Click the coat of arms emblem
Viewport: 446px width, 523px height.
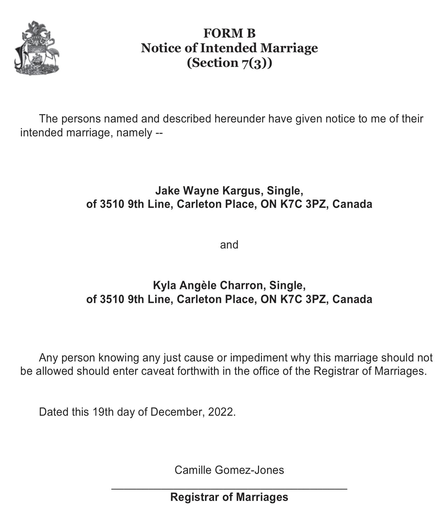point(37,48)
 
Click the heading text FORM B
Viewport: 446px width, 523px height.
point(229,33)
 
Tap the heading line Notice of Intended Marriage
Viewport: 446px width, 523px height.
point(229,48)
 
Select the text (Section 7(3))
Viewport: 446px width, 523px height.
point(229,63)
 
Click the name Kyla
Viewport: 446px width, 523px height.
point(164,285)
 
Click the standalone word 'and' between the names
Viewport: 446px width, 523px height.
point(229,245)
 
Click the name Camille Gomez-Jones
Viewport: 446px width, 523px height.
point(229,470)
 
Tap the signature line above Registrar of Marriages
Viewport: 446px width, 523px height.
point(229,490)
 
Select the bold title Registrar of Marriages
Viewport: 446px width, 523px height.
point(229,497)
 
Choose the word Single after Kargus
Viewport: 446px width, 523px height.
point(284,191)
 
